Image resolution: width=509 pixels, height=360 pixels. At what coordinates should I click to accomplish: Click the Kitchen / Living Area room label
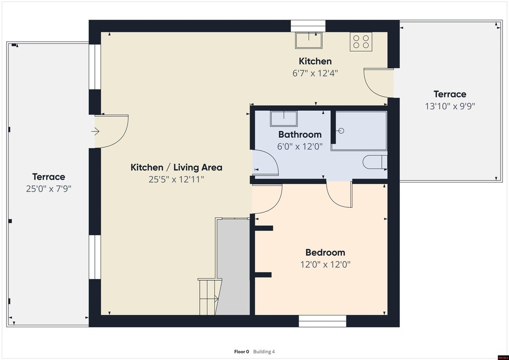pyautogui.click(x=176, y=168)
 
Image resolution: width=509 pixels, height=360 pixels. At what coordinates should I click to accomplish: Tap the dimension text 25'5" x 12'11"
pyautogui.click(x=176, y=179)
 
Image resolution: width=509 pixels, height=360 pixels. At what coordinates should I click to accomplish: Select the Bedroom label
pyautogui.click(x=325, y=252)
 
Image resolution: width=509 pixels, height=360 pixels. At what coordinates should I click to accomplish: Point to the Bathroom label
pyautogui.click(x=300, y=134)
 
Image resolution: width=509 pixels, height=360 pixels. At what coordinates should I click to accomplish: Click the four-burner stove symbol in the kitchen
pyautogui.click(x=361, y=42)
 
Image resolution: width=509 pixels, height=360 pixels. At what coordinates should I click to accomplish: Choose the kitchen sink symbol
pyautogui.click(x=309, y=40)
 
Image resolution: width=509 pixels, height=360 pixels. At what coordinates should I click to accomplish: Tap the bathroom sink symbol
pyautogui.click(x=284, y=118)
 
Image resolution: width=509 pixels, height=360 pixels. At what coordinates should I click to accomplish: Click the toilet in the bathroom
pyautogui.click(x=375, y=162)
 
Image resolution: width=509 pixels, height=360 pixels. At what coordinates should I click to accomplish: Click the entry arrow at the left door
pyautogui.click(x=95, y=131)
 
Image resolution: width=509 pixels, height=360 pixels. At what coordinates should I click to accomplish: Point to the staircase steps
pyautogui.click(x=210, y=297)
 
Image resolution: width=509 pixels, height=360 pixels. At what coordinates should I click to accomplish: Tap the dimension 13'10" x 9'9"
pyautogui.click(x=450, y=106)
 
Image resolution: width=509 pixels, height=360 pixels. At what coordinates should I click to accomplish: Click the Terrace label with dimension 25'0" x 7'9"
pyautogui.click(x=49, y=177)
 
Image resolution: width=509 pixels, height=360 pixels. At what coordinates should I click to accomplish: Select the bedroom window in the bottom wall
pyautogui.click(x=322, y=321)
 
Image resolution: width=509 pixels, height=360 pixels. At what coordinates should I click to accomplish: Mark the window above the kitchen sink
pyautogui.click(x=308, y=26)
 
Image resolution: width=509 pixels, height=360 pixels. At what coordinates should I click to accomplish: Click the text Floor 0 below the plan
pyautogui.click(x=242, y=352)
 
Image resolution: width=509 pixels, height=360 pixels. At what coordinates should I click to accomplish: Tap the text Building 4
pyautogui.click(x=264, y=352)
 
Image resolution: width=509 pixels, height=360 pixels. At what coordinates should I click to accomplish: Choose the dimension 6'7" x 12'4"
pyautogui.click(x=315, y=73)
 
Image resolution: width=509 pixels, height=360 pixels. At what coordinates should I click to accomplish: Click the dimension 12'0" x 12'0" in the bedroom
pyautogui.click(x=325, y=264)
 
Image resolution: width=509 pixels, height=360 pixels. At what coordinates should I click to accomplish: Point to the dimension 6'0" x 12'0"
pyautogui.click(x=300, y=146)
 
